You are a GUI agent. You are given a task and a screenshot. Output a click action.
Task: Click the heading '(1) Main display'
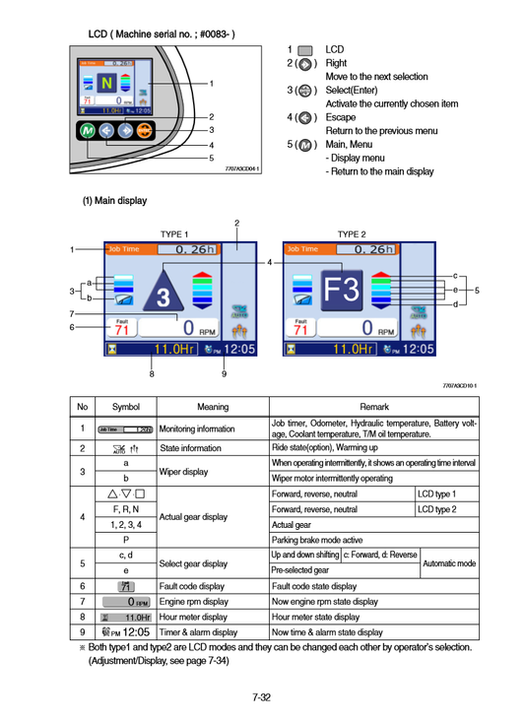(113, 201)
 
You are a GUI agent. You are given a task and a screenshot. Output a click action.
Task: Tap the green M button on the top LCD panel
(87, 132)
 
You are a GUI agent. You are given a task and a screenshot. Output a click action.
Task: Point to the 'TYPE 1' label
(173, 234)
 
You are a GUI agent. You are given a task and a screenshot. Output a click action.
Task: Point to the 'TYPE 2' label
(351, 234)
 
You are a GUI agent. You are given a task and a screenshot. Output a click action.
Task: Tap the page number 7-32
(261, 697)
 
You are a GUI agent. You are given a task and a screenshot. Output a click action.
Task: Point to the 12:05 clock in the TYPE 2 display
(417, 348)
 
